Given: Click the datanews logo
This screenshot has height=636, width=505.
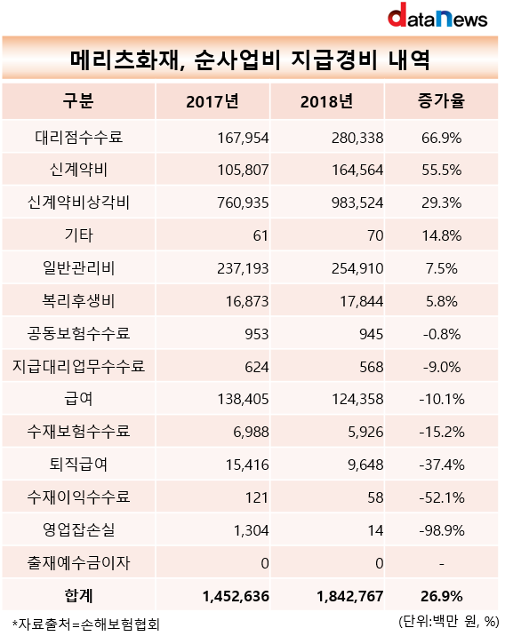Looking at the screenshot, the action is click(437, 15).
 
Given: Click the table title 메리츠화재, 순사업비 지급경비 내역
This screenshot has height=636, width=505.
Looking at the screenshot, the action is click(250, 60).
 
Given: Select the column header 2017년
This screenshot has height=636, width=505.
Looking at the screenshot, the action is click(212, 101).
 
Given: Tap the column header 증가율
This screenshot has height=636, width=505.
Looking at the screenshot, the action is click(441, 101).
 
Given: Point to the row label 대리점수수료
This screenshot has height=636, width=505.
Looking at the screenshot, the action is click(79, 137).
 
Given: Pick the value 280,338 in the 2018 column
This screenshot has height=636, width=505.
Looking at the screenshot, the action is click(357, 138).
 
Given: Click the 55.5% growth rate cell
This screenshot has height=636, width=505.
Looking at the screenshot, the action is click(441, 170).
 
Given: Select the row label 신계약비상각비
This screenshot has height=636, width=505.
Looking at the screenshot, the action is click(79, 203).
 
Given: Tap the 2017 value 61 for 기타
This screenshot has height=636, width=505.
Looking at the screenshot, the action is click(261, 235).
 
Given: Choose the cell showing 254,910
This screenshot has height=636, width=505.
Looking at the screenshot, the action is click(357, 268).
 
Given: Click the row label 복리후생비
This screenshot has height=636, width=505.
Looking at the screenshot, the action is click(79, 301).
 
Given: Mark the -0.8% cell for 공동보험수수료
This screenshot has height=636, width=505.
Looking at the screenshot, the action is click(442, 334).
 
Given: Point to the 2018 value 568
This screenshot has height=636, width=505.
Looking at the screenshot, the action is click(371, 367).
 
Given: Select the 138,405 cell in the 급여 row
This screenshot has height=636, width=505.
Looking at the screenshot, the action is click(243, 400).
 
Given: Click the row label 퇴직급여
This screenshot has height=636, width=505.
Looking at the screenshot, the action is click(79, 465).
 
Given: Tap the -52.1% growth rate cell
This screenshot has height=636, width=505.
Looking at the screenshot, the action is click(442, 497).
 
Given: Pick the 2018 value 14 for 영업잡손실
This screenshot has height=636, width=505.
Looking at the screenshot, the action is click(375, 530).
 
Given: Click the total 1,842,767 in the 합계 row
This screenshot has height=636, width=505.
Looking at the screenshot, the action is click(350, 596).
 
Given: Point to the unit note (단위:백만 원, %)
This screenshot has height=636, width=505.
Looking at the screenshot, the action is click(449, 621).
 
